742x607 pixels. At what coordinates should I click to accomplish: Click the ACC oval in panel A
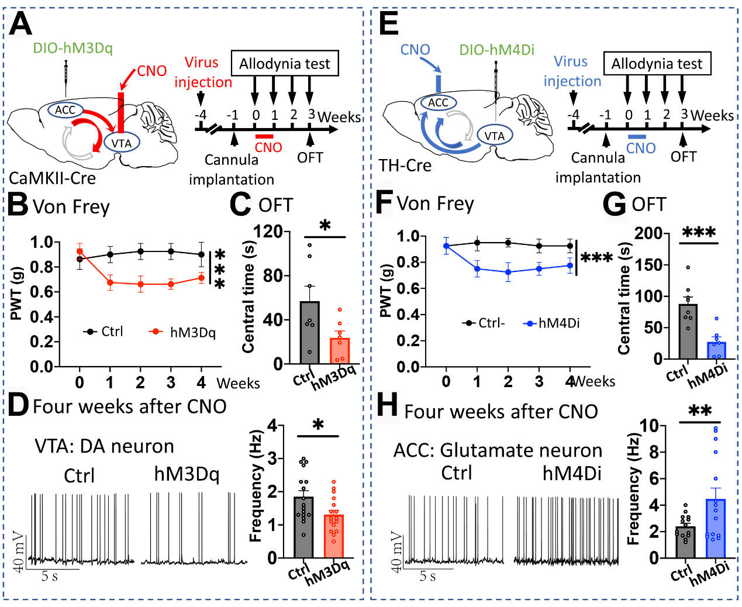coord(65,109)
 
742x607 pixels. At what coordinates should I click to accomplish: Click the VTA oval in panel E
coord(495,136)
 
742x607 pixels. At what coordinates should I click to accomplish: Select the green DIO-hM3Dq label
coord(73,48)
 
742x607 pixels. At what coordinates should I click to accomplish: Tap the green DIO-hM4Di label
coord(497,50)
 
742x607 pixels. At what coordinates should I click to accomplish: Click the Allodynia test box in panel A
coord(285,63)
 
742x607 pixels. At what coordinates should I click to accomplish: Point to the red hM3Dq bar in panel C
coord(340,350)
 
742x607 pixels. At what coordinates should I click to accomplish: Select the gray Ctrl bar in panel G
coord(688,332)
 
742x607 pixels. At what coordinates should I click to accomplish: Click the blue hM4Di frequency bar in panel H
coord(716,528)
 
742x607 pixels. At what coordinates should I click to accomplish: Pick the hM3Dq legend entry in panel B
coord(182,332)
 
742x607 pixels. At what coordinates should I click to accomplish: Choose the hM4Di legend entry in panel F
coord(551,323)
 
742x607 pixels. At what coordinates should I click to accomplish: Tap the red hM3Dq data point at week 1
coord(110,282)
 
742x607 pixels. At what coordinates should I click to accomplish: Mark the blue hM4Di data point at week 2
coord(508,272)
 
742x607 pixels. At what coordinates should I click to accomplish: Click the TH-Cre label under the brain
coord(405,165)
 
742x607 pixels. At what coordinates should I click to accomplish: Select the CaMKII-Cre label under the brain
coord(52,178)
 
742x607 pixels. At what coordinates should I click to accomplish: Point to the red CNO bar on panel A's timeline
coord(264,136)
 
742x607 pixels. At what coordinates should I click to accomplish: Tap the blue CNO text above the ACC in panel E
coord(415,50)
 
